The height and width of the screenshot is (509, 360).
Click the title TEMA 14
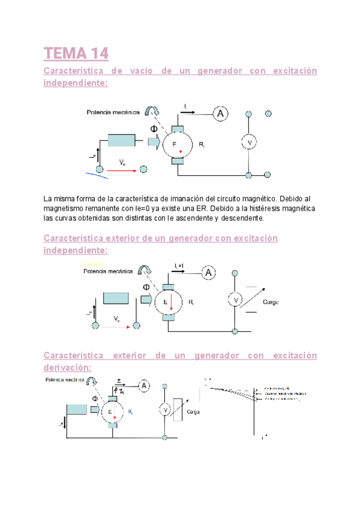pos(76,53)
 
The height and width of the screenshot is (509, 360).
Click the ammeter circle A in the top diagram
pos(220,113)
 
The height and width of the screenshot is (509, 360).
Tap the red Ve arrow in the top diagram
pos(122,169)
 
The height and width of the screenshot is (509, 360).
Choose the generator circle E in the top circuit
pos(175,145)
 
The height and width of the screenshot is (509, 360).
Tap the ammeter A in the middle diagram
pos(208,273)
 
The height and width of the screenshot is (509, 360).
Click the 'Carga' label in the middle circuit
pos(271,301)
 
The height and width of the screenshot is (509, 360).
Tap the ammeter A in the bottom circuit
pos(145,386)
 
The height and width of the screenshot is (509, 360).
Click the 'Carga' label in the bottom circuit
pos(193,412)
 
